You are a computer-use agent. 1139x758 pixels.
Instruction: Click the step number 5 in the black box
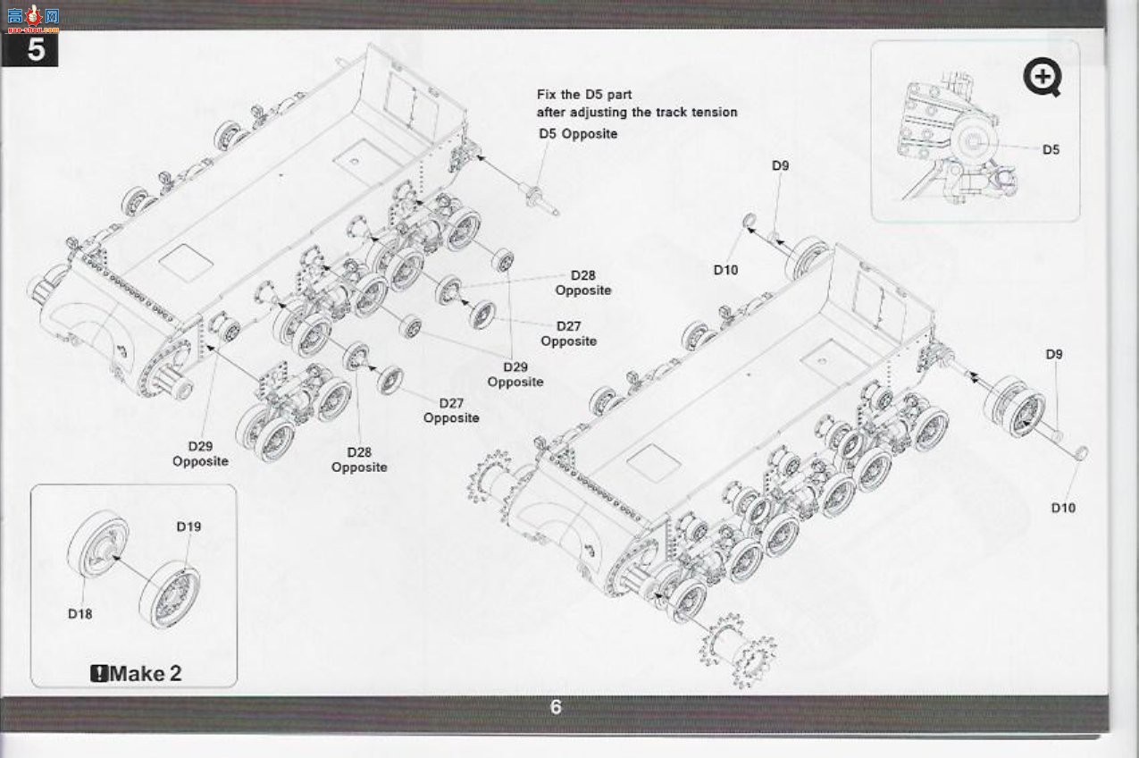pyautogui.click(x=36, y=50)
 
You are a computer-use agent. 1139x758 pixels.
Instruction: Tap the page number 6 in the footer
pyautogui.click(x=556, y=707)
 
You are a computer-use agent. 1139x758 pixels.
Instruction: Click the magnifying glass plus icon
pyautogui.click(x=1043, y=78)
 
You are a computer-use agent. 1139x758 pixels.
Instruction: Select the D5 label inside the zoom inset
pyautogui.click(x=1051, y=149)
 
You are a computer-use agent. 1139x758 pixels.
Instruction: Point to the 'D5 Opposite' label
pyautogui.click(x=578, y=134)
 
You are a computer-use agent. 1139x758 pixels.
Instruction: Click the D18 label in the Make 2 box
pyautogui.click(x=80, y=614)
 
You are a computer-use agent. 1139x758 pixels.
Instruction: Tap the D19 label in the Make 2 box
pyautogui.click(x=188, y=526)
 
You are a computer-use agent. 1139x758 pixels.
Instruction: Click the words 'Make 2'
pyautogui.click(x=146, y=674)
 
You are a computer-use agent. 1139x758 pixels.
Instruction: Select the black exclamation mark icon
pyautogui.click(x=99, y=674)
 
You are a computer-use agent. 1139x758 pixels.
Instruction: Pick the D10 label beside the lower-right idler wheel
pyautogui.click(x=1063, y=508)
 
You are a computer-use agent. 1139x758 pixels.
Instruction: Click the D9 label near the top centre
pyautogui.click(x=780, y=166)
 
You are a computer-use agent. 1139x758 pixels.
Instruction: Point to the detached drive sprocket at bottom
pyautogui.click(x=738, y=650)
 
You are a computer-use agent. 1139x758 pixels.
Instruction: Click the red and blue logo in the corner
pyautogui.click(x=34, y=18)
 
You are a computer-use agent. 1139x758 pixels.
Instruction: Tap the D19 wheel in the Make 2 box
pyautogui.click(x=170, y=594)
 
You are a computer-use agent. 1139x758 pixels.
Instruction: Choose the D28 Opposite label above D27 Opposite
pyautogui.click(x=582, y=282)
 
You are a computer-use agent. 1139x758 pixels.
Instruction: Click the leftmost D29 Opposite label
pyautogui.click(x=200, y=454)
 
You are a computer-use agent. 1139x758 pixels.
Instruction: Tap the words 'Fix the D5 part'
pyautogui.click(x=584, y=95)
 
